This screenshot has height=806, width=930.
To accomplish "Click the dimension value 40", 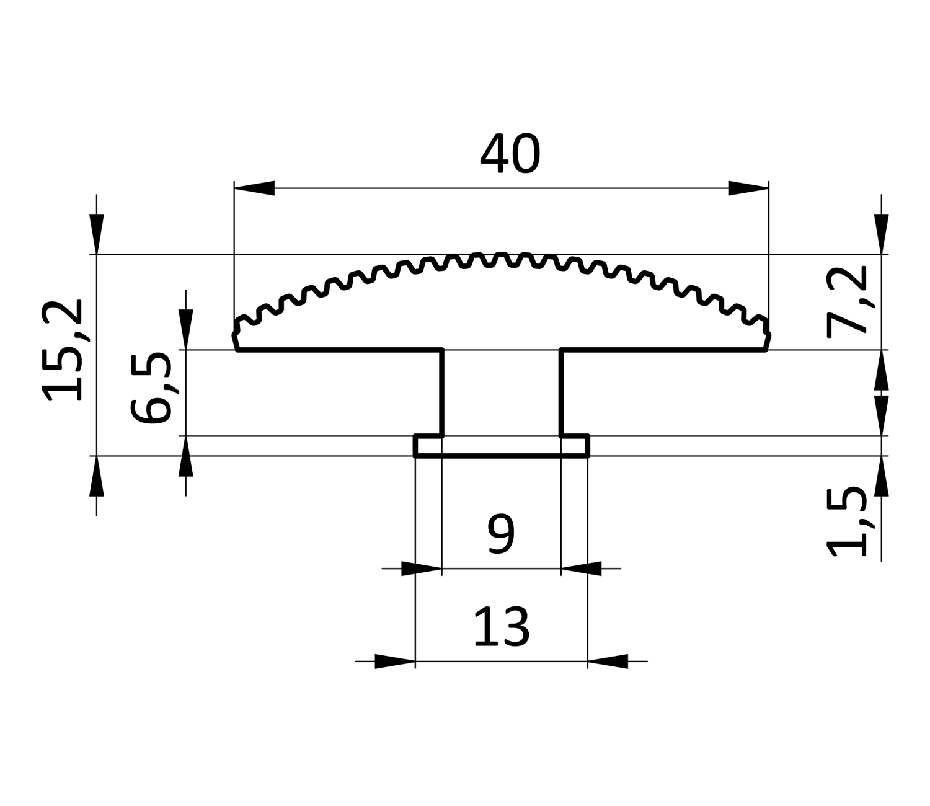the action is pyautogui.click(x=510, y=153).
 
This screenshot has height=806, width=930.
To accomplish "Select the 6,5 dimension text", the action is pyautogui.click(x=151, y=387).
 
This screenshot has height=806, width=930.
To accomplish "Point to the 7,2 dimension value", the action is pyautogui.click(x=846, y=301).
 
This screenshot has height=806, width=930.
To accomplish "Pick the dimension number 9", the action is pyautogui.click(x=501, y=534).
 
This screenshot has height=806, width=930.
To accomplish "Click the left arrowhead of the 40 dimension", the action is pyautogui.click(x=254, y=188).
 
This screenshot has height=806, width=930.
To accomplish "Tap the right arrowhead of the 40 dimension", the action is pyautogui.click(x=748, y=188).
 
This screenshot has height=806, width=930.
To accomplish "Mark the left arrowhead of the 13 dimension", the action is pyautogui.click(x=394, y=662).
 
